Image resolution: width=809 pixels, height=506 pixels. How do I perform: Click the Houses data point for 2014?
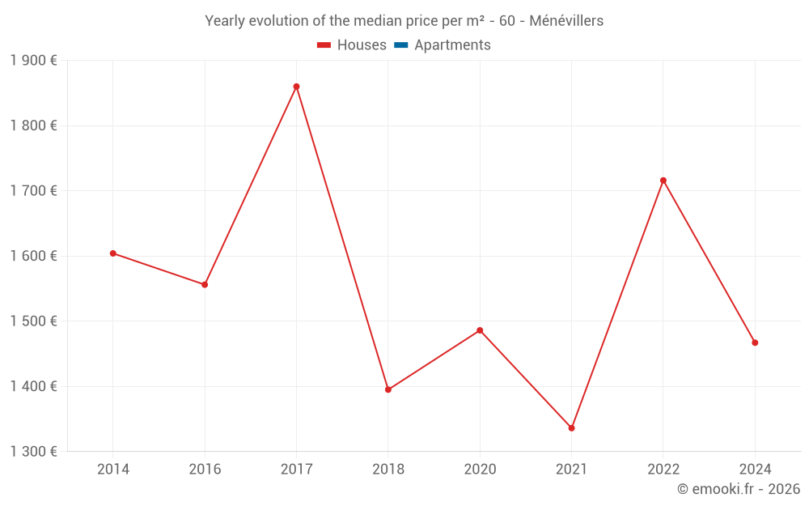[x=113, y=253]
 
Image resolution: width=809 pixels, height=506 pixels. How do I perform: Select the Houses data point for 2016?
[x=205, y=285]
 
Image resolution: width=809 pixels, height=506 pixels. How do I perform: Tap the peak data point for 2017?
[x=296, y=87]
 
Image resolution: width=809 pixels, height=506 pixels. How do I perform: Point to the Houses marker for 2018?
[x=388, y=389]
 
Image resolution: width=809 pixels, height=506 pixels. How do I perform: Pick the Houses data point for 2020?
[x=480, y=330]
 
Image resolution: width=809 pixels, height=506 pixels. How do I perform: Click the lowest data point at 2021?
[x=572, y=428]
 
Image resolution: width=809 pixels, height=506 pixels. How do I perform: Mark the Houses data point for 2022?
[x=663, y=181]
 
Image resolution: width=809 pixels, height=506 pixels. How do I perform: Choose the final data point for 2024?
[x=755, y=342]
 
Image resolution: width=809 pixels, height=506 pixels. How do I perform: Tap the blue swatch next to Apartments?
[x=400, y=45]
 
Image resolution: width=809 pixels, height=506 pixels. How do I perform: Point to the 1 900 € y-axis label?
[x=33, y=61]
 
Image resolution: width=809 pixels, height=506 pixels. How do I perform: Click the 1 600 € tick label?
[x=33, y=256]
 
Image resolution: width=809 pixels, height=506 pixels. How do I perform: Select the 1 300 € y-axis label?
[x=33, y=452]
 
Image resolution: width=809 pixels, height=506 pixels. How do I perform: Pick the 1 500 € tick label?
[x=33, y=321]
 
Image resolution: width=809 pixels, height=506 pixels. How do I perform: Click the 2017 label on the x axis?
[x=296, y=469]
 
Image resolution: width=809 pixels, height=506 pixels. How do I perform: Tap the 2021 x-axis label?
[x=572, y=469]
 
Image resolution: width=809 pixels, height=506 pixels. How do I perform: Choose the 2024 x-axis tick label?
[x=755, y=469]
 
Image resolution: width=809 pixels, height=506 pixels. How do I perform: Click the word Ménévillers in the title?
[x=566, y=21]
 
